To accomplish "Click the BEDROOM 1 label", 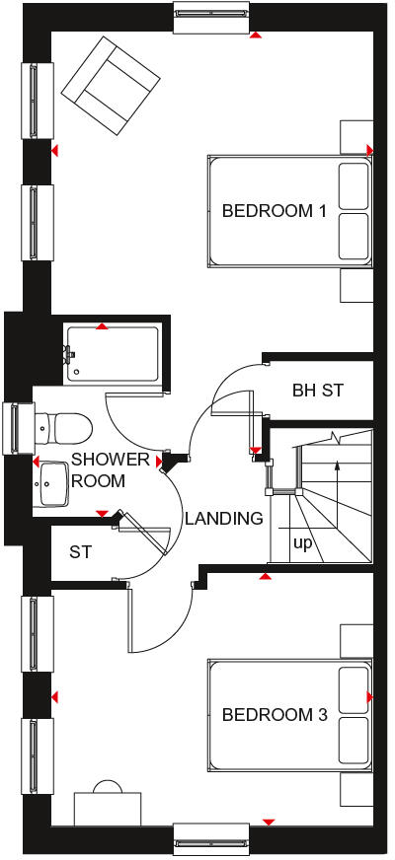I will pos(274,210).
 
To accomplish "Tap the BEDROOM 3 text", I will pos(274,715).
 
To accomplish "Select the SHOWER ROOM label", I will pos(111,470).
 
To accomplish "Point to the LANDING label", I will pos(224,518).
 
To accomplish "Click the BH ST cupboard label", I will pos(318,391).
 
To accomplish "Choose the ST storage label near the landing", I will pos(80,552).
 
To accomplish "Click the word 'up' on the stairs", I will pos(301,542).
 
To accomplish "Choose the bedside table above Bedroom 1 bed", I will pos(355,135).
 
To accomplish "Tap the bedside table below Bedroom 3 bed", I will pos(355,789).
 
